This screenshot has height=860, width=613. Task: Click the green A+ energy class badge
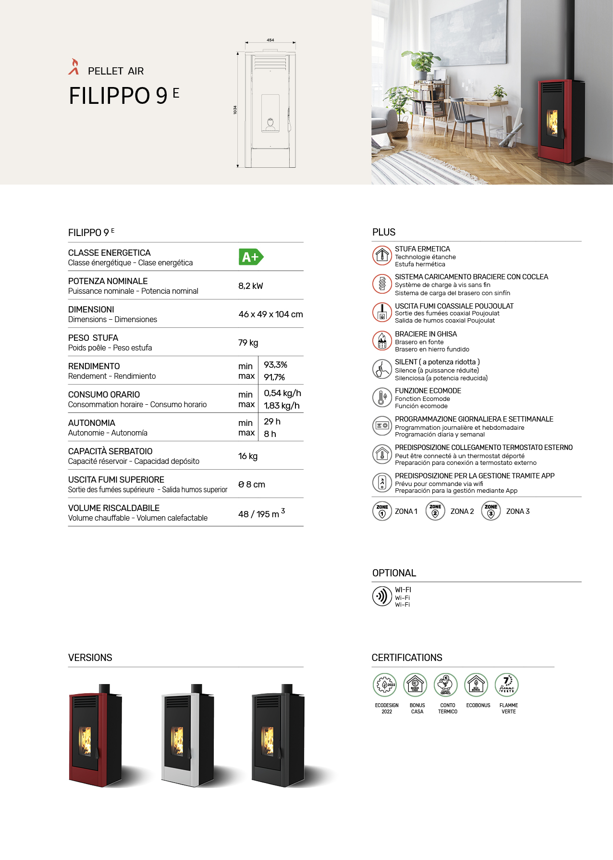251,257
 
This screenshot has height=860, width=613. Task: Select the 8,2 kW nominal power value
251,286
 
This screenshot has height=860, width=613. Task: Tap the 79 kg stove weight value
248,343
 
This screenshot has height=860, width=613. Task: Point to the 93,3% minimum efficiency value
275,365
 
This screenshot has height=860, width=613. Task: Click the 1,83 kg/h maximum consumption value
282,406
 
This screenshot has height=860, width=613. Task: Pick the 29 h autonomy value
272,422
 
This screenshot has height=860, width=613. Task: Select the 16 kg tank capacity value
248,456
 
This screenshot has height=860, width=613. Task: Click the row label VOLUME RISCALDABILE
114,508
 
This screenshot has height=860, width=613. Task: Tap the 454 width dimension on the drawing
270,40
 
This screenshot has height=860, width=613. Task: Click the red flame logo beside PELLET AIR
74,67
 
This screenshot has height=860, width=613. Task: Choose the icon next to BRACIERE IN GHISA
382,341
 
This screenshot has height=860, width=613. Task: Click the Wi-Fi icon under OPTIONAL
382,596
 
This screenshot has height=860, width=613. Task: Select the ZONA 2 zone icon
435,511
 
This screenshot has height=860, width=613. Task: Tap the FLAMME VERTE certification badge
507,685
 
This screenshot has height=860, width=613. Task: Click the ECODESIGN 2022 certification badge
385,685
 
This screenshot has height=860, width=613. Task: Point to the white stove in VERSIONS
186,735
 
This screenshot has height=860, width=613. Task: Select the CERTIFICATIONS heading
407,658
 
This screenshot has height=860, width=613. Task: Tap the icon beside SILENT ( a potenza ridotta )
382,369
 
